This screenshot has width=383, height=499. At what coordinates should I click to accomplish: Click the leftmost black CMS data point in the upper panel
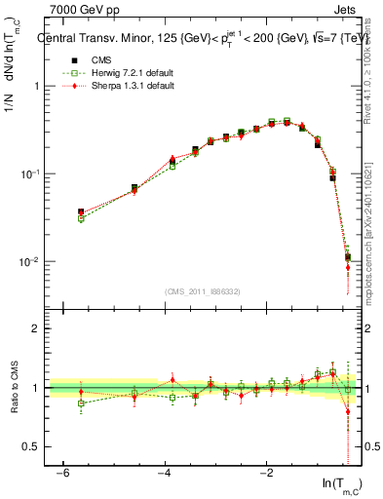tap(81, 211)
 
